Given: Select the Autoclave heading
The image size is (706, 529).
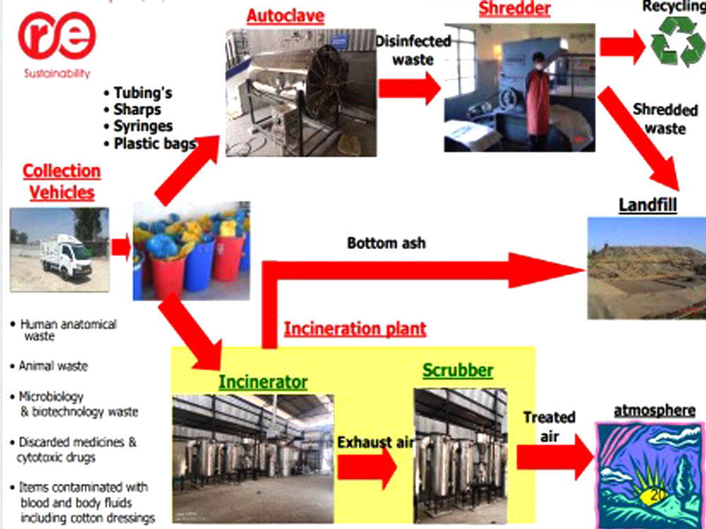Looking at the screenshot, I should click(x=285, y=16).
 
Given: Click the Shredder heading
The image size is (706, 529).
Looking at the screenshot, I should click(x=515, y=9).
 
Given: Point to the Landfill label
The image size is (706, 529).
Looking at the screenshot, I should click(x=647, y=205).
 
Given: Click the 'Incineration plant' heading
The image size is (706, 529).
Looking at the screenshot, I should click(x=354, y=328).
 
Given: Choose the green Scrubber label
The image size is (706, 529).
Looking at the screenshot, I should click(x=457, y=370).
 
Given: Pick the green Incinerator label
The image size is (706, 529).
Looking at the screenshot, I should click(x=263, y=382).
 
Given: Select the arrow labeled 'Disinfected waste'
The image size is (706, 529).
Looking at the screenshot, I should click(x=409, y=88).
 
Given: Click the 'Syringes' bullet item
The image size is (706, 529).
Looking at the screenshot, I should click(x=143, y=126).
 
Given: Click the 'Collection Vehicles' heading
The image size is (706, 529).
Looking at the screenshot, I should click(x=61, y=181).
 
